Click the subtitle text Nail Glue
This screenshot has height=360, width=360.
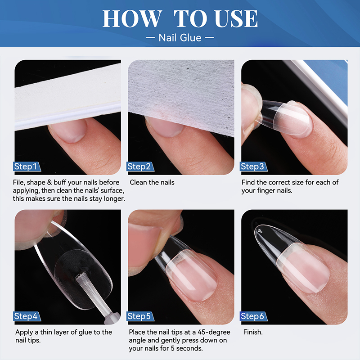[180, 37]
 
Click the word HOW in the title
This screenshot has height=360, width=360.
[131, 19]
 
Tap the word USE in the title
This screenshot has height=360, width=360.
[236, 19]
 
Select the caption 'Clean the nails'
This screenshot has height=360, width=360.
[152, 182]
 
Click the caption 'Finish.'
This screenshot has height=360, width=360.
[253, 332]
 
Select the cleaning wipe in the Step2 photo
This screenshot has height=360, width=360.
[180, 90]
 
